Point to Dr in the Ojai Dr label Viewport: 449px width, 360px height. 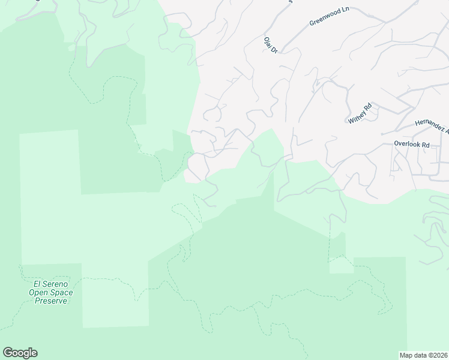(x=274, y=50)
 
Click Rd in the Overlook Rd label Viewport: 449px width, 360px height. (x=425, y=145)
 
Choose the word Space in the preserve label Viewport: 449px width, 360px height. (x=62, y=293)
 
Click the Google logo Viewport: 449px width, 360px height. (x=20, y=353)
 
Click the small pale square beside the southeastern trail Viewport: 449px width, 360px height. (x=340, y=265)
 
